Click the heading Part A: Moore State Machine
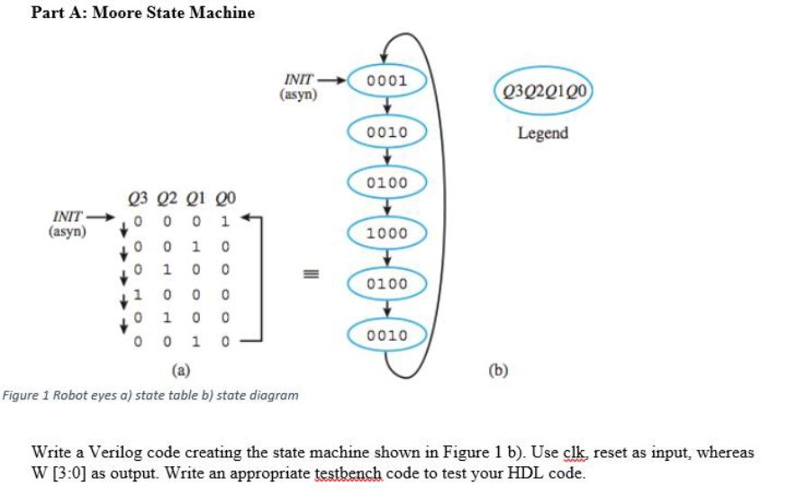pos(143,13)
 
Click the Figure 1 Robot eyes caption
pos(150,395)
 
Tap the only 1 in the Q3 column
pos(136,294)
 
